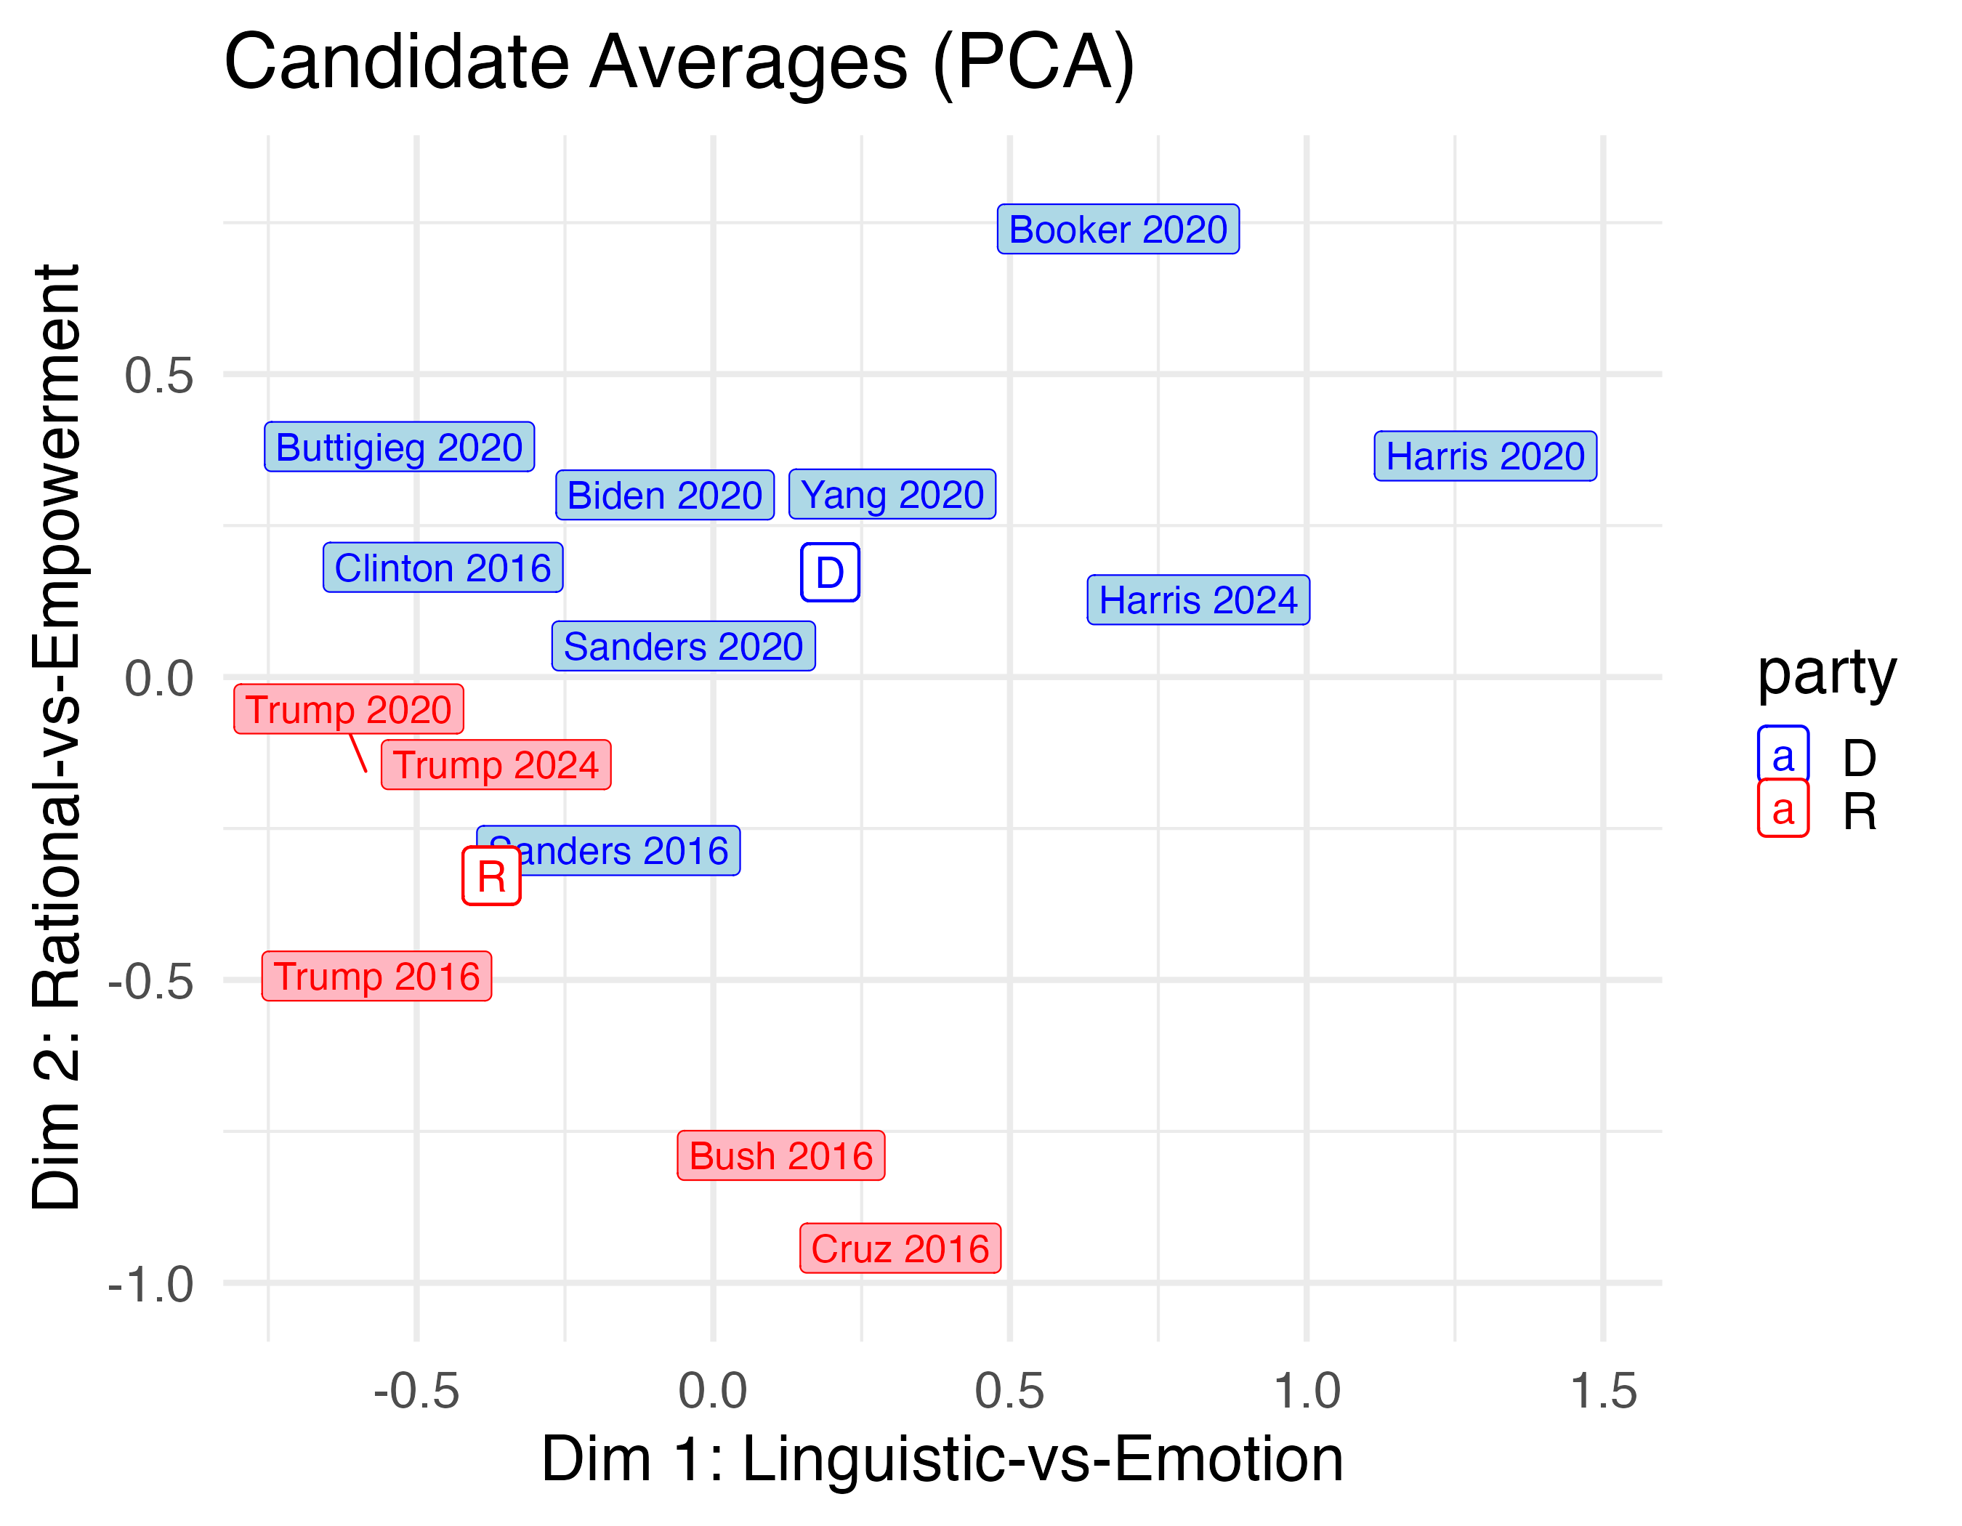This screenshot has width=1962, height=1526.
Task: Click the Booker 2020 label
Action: (1118, 229)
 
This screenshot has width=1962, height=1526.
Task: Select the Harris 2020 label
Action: (1485, 456)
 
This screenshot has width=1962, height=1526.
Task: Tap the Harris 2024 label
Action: (1198, 600)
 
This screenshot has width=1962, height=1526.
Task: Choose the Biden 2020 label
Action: (665, 495)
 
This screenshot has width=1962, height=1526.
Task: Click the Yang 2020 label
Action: (892, 494)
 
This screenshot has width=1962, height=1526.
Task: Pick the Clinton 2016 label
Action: (443, 568)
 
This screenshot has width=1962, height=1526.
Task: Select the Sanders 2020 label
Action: (684, 647)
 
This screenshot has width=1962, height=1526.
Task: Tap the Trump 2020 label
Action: (349, 709)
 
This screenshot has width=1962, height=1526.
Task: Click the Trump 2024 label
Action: (496, 765)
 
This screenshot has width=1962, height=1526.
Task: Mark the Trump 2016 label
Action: (376, 977)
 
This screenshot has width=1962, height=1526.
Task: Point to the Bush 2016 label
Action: (780, 1156)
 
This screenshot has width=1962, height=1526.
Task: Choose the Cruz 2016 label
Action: (900, 1248)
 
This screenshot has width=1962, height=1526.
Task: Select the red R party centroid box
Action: (491, 876)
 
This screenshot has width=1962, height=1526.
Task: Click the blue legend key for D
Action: (1783, 755)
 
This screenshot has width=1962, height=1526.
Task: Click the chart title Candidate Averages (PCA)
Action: (679, 63)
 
